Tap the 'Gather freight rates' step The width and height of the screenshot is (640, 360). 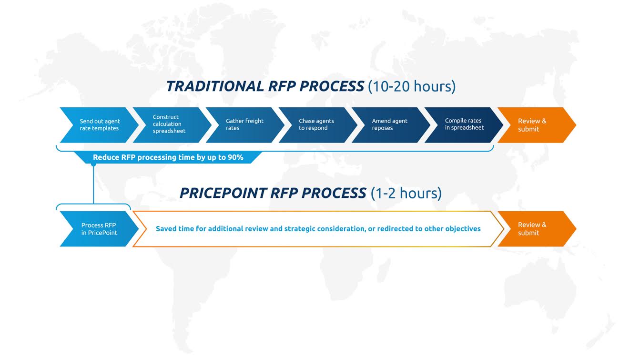pos(245,125)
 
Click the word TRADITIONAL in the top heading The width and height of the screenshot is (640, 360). pos(215,86)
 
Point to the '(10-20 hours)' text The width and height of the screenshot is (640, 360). pos(412,87)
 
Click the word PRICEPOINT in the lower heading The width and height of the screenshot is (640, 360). pos(223,193)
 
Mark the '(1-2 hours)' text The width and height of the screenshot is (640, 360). pos(406,193)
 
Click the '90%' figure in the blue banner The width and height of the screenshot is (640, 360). pos(235,157)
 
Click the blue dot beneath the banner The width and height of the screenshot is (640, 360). pos(93,165)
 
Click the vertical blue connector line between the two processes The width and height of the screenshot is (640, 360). pos(93,185)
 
